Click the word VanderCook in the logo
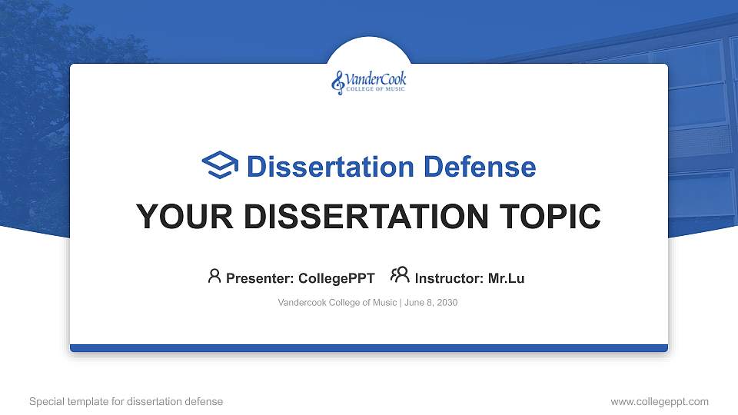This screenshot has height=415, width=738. point(376,78)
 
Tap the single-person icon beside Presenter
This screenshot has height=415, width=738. point(214,276)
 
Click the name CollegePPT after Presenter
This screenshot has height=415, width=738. point(336,278)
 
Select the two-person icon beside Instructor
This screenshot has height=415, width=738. point(399,276)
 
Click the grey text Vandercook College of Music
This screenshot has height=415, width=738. point(337,303)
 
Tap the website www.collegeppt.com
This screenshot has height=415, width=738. point(659,401)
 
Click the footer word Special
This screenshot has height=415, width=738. point(46,401)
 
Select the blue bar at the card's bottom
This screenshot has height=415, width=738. point(369,348)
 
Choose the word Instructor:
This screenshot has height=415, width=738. point(449,278)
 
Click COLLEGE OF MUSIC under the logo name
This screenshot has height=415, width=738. point(375,89)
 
